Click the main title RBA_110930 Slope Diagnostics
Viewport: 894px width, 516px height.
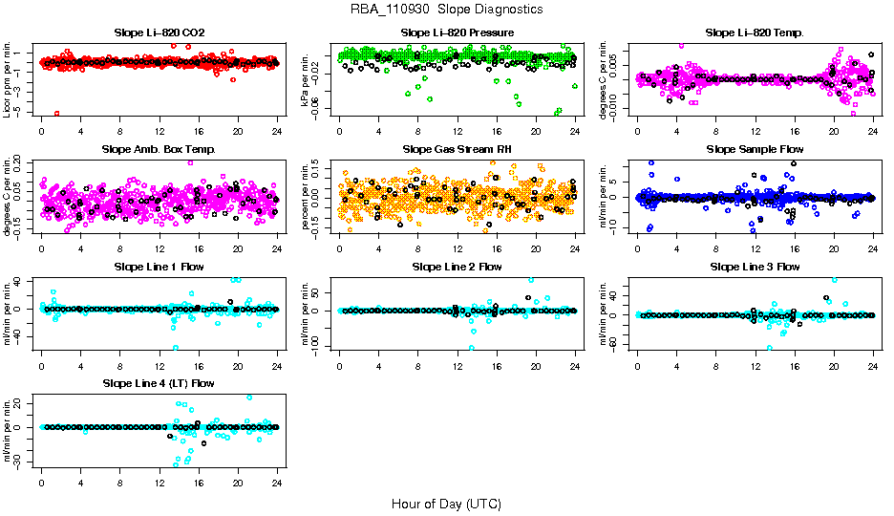[x=446, y=9]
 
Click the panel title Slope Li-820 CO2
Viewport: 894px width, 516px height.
[x=159, y=32]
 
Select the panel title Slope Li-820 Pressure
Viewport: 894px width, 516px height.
[x=458, y=32]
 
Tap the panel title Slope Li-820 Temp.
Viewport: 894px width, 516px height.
[x=755, y=32]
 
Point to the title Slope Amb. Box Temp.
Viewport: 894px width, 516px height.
[x=159, y=149]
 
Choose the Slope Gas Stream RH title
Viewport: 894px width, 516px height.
[x=458, y=149]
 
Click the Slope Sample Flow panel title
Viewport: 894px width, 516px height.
[x=755, y=149]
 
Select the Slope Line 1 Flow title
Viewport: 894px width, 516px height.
[x=159, y=267]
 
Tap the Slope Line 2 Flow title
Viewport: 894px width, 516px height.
[x=458, y=267]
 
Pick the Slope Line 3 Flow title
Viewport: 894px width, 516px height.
[x=755, y=267]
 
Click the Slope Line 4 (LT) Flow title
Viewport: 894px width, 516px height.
[x=159, y=383]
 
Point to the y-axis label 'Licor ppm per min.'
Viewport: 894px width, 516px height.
[x=8, y=78]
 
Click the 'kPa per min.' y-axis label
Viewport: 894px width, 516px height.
[x=306, y=78]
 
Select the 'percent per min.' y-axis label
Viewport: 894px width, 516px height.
[x=306, y=196]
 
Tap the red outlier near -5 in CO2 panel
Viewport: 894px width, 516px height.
[x=57, y=113]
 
